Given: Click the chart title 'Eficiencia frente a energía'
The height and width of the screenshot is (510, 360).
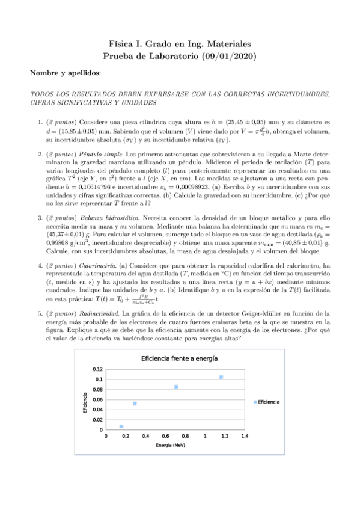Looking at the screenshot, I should (179, 358).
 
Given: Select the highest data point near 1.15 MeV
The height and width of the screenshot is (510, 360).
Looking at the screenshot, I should (221, 377).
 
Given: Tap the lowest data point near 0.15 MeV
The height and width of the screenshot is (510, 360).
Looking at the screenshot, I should (121, 426).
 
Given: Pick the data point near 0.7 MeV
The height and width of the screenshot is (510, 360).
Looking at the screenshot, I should (176, 387).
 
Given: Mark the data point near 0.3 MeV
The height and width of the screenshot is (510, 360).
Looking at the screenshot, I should (135, 404).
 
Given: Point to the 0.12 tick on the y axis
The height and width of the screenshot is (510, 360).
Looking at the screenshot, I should (97, 369).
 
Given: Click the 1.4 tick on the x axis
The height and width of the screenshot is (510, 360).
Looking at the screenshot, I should (245, 437).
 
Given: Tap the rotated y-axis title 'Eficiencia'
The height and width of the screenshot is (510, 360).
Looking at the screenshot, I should (85, 402).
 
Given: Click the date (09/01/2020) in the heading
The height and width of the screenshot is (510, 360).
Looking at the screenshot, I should (222, 57).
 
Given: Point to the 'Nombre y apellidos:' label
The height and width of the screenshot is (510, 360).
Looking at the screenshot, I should (66, 73).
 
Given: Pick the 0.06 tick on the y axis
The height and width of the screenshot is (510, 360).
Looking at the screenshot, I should (97, 400).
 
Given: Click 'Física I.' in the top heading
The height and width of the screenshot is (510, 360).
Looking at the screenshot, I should (126, 45).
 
